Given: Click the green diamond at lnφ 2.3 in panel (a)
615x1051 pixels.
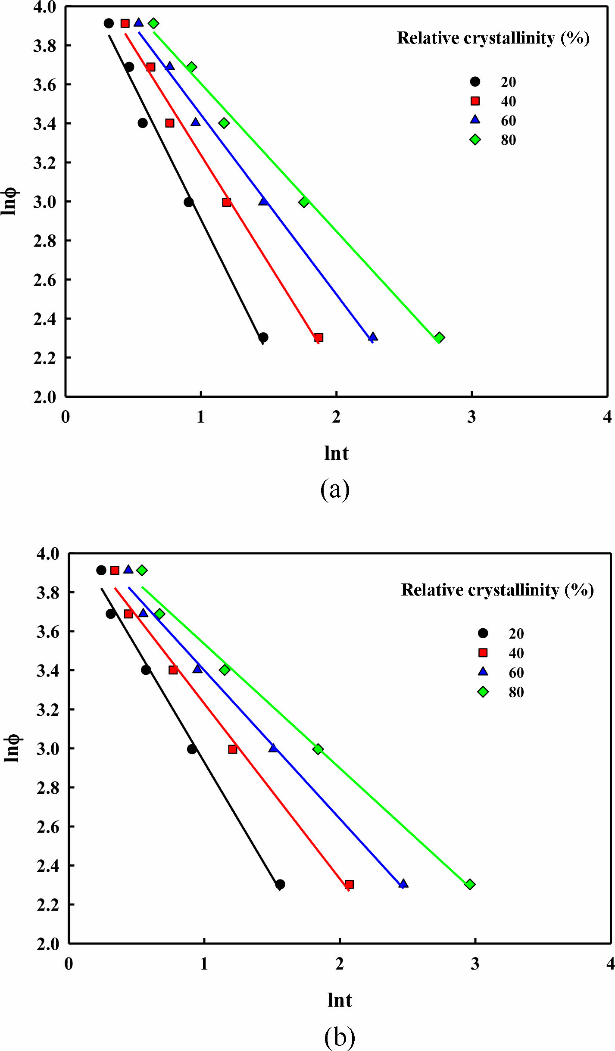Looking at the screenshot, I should [x=439, y=337].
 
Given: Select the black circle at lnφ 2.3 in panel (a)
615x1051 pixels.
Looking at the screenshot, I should [x=263, y=337].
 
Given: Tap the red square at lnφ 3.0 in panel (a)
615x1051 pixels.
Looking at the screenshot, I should [x=227, y=202].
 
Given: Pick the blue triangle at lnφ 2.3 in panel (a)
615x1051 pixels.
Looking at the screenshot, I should [x=373, y=337].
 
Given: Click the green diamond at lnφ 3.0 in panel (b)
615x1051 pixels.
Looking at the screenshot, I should [x=318, y=749].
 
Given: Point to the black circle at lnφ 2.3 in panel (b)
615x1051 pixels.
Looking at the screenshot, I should [x=280, y=884].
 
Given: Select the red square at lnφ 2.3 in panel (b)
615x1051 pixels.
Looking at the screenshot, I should [x=349, y=884].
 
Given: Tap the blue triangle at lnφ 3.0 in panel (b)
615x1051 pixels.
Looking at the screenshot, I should [x=273, y=748].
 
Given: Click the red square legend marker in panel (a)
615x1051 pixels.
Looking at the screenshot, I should [x=475, y=101].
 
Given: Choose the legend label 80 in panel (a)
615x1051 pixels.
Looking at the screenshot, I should [x=508, y=140].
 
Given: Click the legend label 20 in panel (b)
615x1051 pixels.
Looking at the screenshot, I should [x=516, y=634].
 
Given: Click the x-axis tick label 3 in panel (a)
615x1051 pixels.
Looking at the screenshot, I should [x=472, y=417].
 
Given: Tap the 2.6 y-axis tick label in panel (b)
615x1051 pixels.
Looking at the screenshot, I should [x=48, y=827].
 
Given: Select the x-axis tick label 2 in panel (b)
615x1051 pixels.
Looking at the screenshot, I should [x=340, y=964].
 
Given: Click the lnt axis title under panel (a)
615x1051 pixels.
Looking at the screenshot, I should [x=336, y=453].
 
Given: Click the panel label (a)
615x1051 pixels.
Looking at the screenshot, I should [x=335, y=490].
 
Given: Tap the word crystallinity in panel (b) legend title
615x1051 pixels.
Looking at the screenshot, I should [x=513, y=590].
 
